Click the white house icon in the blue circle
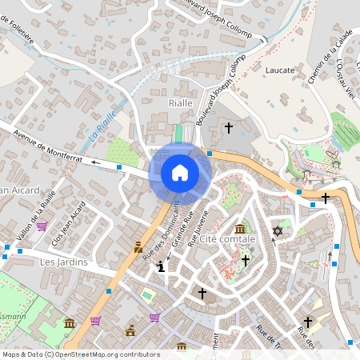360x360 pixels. point(180,172)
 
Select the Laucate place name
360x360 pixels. point(280,70)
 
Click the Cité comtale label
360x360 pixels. point(227,239)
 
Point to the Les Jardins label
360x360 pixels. point(63,262)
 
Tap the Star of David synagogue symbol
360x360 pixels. point(278,231)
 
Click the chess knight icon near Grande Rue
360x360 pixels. point(162,267)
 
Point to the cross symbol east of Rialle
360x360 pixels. point(228,127)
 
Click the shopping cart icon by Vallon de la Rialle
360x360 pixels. point(42,226)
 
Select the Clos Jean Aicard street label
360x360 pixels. point(68,223)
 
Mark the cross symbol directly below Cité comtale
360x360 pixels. point(246,260)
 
